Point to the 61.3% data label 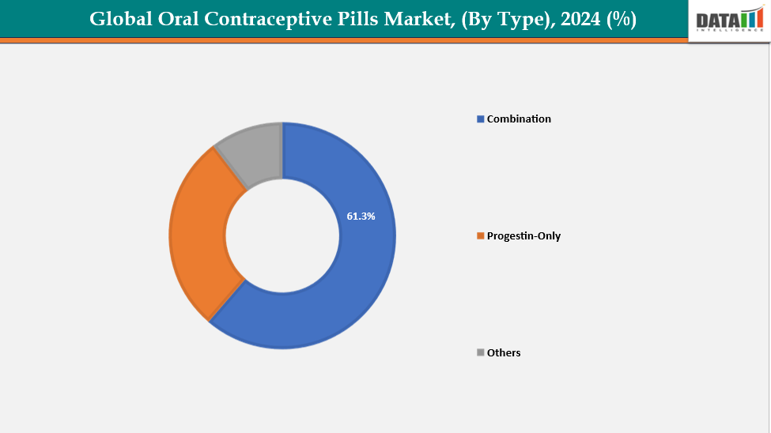pos(361,216)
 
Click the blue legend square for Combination pos(480,119)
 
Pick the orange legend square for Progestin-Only pos(480,236)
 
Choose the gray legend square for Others pos(480,352)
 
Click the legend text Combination pos(519,119)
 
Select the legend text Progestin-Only pos(523,236)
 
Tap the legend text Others pos(504,352)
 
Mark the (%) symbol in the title pos(622,20)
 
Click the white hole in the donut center pos(282,235)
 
